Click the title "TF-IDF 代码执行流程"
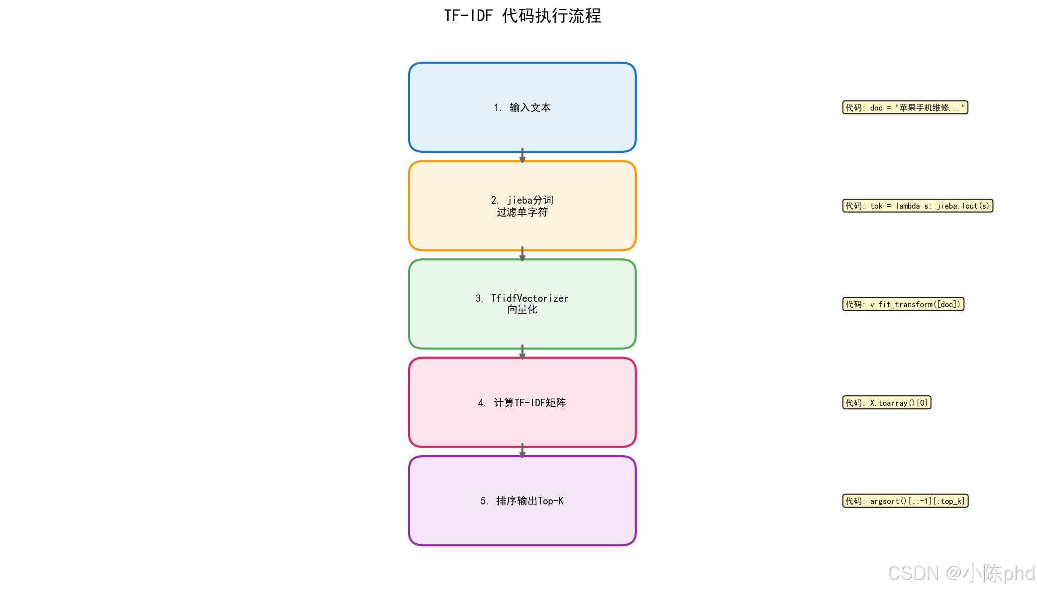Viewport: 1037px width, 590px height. tap(522, 16)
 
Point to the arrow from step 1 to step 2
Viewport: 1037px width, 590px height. tap(522, 156)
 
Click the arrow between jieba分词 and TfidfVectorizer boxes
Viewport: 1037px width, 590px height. tap(522, 254)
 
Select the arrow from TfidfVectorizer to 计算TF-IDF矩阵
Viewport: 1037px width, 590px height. tap(522, 353)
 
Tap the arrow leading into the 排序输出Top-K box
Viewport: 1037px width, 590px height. tap(522, 451)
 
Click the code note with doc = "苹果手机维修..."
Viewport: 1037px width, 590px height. tap(905, 108)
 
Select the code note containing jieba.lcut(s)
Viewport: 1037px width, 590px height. tap(917, 206)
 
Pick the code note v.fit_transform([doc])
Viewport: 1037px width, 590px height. tap(903, 304)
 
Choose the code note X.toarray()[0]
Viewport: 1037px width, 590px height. tap(886, 403)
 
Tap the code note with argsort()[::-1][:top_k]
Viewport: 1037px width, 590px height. tap(905, 501)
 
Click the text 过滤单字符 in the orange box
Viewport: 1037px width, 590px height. tap(522, 213)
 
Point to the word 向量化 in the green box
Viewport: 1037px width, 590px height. tap(522, 310)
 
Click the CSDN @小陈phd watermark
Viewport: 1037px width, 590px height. tap(961, 574)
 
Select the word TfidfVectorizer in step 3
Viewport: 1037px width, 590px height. tap(529, 298)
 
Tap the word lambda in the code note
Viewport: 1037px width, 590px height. tap(908, 206)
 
